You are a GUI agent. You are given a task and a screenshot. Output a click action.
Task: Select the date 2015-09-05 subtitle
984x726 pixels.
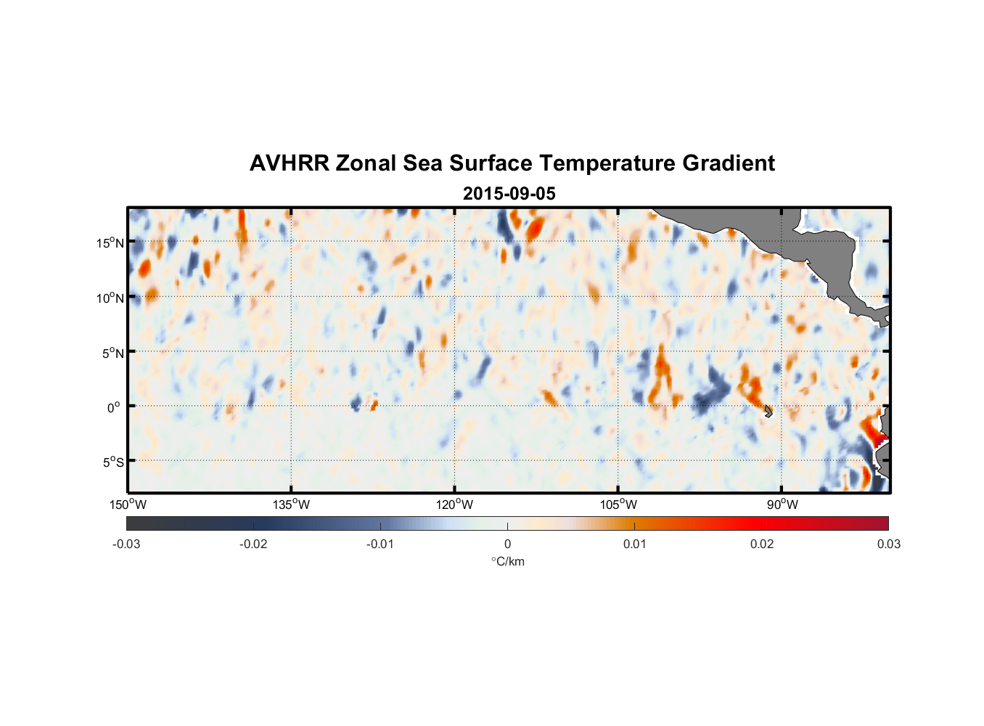tap(509, 194)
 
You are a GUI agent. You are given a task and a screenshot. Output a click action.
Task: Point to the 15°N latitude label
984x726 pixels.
tap(110, 242)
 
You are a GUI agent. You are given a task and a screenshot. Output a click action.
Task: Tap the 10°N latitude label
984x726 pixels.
tap(110, 298)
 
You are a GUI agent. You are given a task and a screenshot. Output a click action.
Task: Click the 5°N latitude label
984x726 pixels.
tap(113, 353)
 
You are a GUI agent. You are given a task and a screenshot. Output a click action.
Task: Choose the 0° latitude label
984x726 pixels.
tap(115, 407)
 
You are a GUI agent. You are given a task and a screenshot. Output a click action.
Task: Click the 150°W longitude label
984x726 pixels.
tap(128, 505)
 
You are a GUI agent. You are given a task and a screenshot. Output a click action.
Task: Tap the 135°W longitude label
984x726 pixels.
tap(291, 505)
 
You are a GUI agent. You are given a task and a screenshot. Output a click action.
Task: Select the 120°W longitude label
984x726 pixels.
tap(454, 505)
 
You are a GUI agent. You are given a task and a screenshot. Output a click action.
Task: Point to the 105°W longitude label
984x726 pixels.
tap(618, 505)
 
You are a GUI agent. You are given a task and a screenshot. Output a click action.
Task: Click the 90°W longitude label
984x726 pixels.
tap(782, 505)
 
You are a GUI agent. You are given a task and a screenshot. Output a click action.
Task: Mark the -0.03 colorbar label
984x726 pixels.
tap(126, 544)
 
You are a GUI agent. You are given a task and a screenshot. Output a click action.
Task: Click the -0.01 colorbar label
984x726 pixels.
tap(380, 544)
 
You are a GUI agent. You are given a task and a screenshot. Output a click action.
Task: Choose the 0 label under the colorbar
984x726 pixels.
tap(507, 544)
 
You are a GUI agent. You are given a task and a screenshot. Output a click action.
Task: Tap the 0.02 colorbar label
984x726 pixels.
tap(762, 544)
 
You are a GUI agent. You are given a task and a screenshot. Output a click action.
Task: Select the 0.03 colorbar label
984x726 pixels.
tap(888, 544)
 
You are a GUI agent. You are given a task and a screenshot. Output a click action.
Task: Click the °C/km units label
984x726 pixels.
tap(507, 561)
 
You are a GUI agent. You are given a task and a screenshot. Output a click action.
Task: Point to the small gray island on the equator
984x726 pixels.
tap(768, 411)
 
